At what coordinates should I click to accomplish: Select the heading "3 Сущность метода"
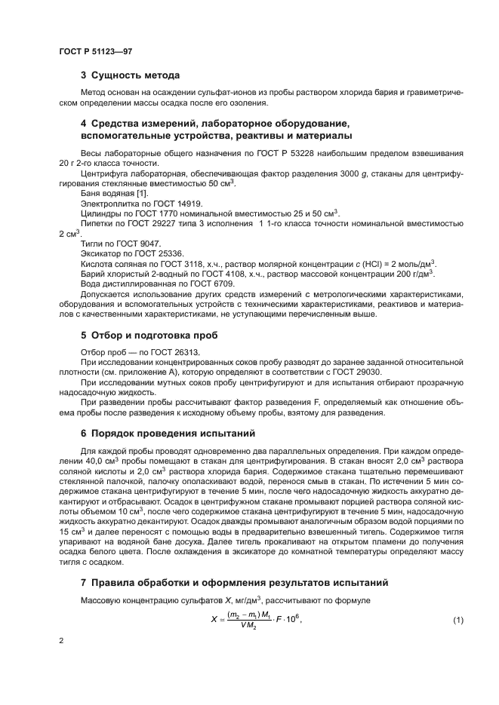[x=130, y=75]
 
